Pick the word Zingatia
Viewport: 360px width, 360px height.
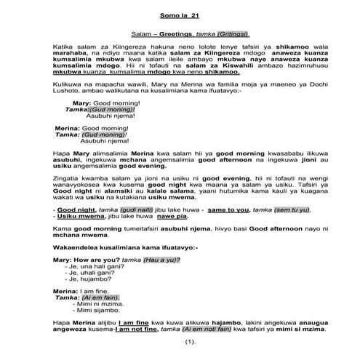click(x=70, y=176)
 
